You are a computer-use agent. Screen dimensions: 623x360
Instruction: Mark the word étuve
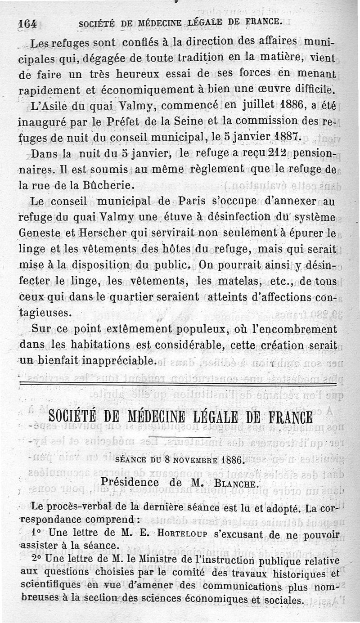tap(176, 217)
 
